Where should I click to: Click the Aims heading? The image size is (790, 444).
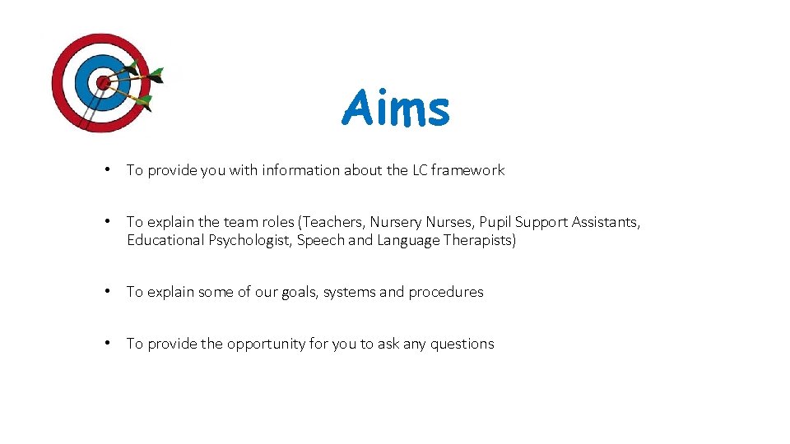(396, 109)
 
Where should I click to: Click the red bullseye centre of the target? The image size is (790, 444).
(103, 82)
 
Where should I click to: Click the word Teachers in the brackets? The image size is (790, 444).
(333, 222)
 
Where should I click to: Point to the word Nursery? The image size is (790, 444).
(395, 222)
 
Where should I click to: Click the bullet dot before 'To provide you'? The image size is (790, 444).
(108, 169)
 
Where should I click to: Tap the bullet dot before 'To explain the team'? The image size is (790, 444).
(108, 221)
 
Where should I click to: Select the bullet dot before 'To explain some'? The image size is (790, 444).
(108, 291)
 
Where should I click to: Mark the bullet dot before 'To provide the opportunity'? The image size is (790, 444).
(108, 343)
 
